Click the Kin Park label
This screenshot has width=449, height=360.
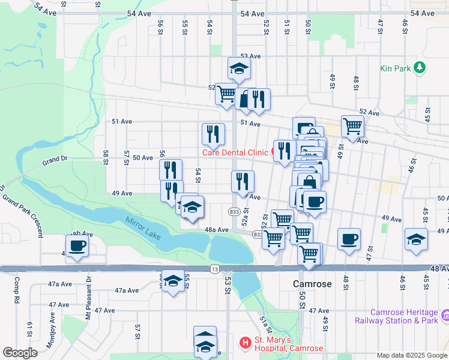[x=395, y=68]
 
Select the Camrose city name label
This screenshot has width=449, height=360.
[x=312, y=284]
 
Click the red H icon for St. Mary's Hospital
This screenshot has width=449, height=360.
[x=245, y=343]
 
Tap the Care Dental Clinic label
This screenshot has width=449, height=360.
[x=234, y=152]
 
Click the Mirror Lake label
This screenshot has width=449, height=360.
[x=143, y=228]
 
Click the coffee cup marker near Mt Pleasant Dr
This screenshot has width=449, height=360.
[x=77, y=246]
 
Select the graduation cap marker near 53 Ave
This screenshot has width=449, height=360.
[x=239, y=70]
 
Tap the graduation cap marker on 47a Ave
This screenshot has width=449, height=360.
[x=172, y=281]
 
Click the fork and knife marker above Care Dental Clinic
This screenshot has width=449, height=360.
[x=213, y=135]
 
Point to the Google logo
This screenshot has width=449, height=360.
[x=20, y=353]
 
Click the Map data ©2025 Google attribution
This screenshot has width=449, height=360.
[x=412, y=355]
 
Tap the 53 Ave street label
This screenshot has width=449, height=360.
[x=250, y=56]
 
